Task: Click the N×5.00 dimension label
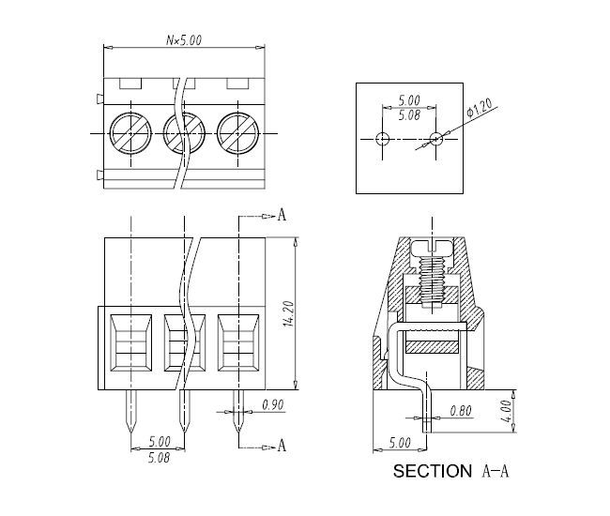tap(184, 40)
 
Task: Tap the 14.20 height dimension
tap(289, 313)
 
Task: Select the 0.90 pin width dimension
tap(273, 404)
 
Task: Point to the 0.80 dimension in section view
tap(461, 411)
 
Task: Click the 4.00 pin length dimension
tap(506, 411)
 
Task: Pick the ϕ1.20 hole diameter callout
tap(480, 107)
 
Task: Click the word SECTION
tap(433, 471)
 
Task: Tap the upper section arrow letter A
tap(282, 214)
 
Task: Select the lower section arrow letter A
tap(282, 446)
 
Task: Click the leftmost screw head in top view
tap(130, 133)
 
